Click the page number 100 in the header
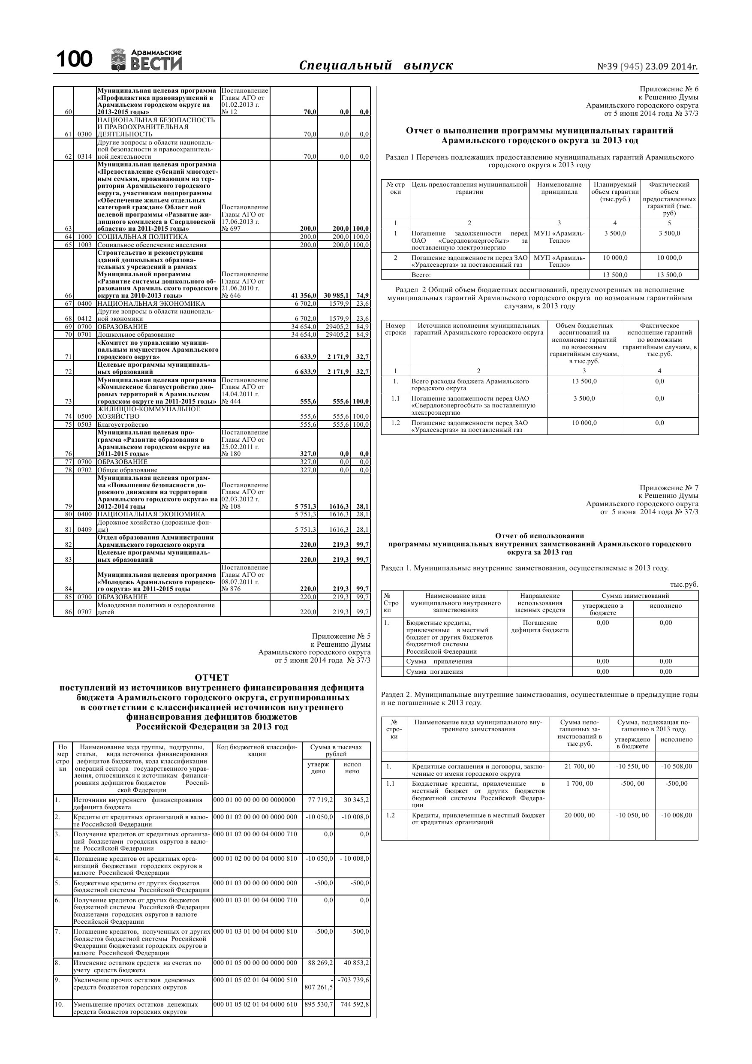tap(74, 60)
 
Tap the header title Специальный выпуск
tap(376, 65)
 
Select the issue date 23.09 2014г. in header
tap(671, 67)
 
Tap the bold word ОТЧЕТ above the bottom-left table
tap(212, 678)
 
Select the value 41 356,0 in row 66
tap(304, 295)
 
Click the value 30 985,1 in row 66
tap(336, 295)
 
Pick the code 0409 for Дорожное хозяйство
tap(84, 530)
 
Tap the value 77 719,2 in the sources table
tap(320, 800)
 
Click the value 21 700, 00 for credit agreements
tap(579, 766)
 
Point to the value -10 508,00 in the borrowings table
tap(677, 766)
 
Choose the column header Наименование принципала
tap(559, 188)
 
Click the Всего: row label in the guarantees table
tap(421, 275)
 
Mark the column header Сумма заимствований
tap(635, 596)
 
